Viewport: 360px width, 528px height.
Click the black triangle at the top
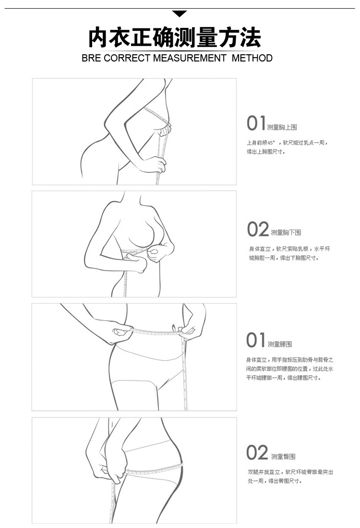pyautogui.click(x=180, y=13)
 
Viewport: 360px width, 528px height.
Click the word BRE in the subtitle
pyautogui.click(x=92, y=59)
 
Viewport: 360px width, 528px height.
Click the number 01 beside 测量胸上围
pyautogui.click(x=256, y=123)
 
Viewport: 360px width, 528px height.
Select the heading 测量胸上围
pyautogui.click(x=282, y=127)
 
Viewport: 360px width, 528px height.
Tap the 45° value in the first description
pyautogui.click(x=272, y=143)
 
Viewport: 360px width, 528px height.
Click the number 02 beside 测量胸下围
pyautogui.click(x=258, y=230)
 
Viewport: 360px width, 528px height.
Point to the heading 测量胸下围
pyautogui.click(x=286, y=233)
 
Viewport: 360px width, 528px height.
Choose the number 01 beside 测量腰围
pyautogui.click(x=256, y=340)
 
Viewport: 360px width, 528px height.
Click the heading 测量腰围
pyautogui.click(x=280, y=344)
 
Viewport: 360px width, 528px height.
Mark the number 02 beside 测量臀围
pyautogui.click(x=257, y=453)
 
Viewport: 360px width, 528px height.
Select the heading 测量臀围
pyautogui.click(x=283, y=456)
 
